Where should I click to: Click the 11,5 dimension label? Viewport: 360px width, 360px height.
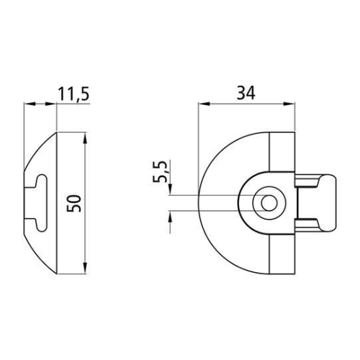[x=73, y=94]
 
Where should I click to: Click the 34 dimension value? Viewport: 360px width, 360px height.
[x=246, y=93]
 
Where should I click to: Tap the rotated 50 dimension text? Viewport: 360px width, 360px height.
[x=74, y=204]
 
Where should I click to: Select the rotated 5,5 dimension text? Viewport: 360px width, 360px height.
[x=159, y=171]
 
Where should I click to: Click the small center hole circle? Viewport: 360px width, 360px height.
[x=269, y=203]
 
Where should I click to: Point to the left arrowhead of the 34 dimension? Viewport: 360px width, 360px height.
[x=204, y=104]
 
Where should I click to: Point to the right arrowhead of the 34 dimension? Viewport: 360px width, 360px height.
[x=289, y=104]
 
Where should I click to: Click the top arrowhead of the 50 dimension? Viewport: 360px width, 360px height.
[x=86, y=138]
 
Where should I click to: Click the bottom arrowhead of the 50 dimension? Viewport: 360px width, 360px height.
[x=86, y=268]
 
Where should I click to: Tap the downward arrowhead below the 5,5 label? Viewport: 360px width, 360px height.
[x=170, y=189]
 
